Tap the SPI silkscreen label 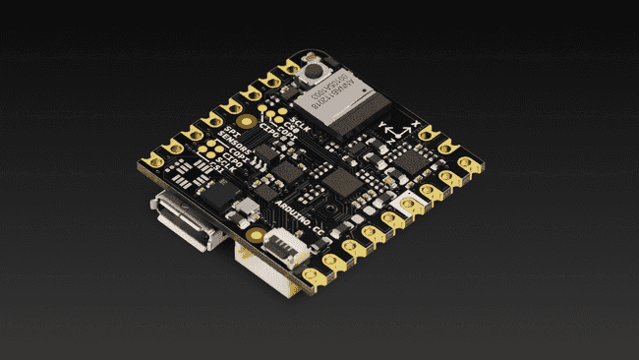click(x=228, y=130)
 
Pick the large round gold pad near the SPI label click(x=245, y=121)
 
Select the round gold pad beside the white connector click(x=256, y=235)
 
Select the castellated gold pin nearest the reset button click(x=290, y=68)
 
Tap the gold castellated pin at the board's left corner click(x=153, y=157)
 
